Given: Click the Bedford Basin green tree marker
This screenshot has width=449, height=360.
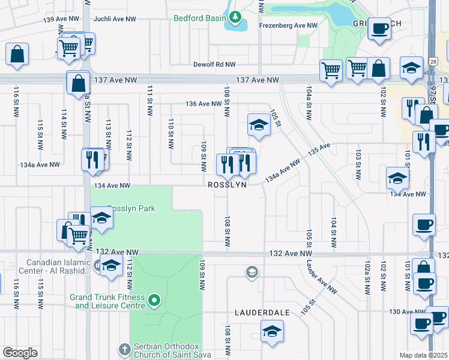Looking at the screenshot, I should click(x=235, y=18).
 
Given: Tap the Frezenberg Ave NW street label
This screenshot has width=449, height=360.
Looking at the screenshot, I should click(x=288, y=26).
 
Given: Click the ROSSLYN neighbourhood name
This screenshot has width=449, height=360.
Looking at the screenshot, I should click(x=228, y=186).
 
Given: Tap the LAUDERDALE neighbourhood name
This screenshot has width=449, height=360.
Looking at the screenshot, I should click(x=262, y=313).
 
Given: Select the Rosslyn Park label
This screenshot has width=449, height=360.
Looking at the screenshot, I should click(x=131, y=208).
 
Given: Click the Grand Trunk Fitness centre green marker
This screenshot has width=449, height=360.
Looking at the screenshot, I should click(x=155, y=300).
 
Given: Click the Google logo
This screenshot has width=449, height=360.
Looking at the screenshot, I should click(x=20, y=353).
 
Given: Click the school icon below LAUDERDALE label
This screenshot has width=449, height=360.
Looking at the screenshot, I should click(x=272, y=331).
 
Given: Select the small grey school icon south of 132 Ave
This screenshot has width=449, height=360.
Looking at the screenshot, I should click(x=252, y=273).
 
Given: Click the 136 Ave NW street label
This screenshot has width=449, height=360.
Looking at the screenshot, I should click(x=187, y=104).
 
